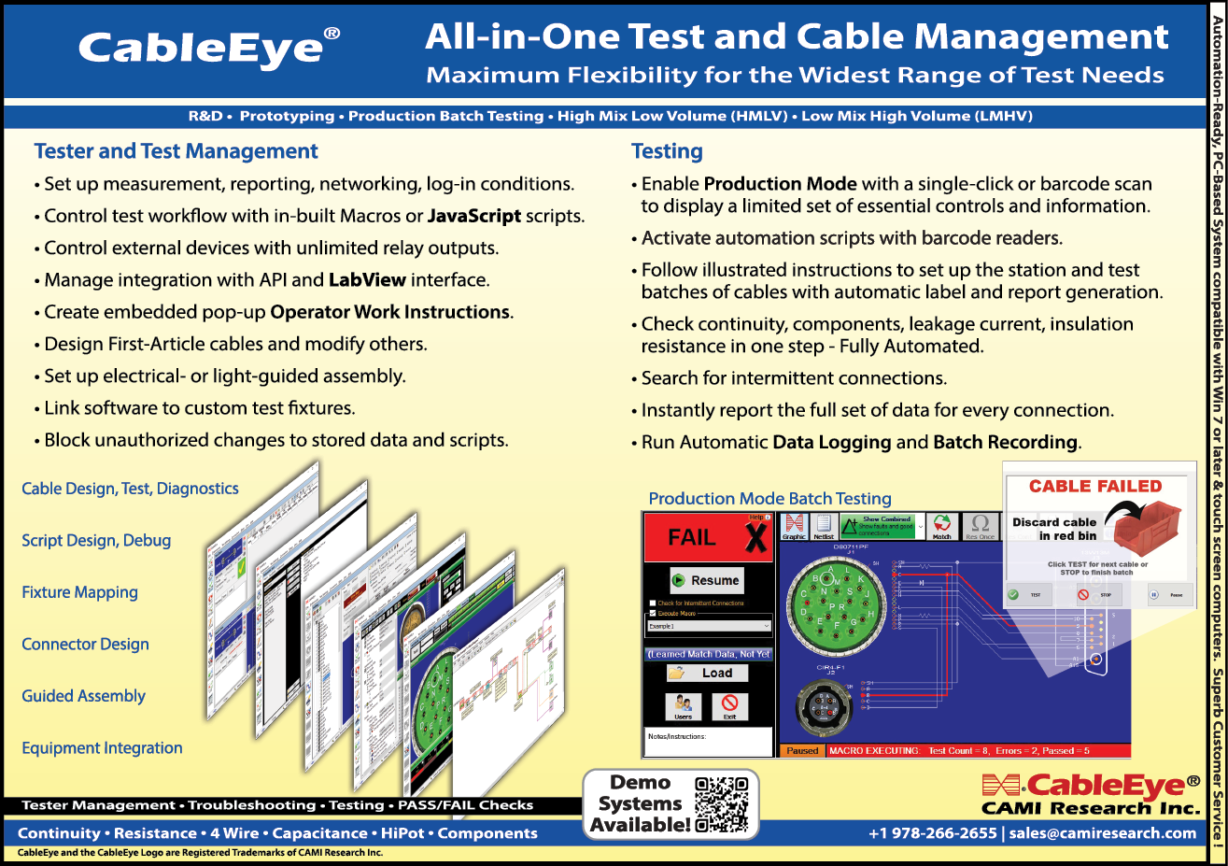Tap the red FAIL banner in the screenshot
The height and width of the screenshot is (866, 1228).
(x=721, y=537)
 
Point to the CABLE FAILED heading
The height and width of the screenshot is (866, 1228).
(x=1095, y=486)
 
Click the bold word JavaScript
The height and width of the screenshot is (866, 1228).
(x=473, y=216)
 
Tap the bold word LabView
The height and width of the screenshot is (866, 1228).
(x=367, y=279)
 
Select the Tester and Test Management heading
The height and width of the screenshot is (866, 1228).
(x=176, y=151)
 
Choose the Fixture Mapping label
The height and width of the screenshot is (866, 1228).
(x=79, y=592)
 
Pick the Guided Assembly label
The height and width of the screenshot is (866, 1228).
(x=83, y=696)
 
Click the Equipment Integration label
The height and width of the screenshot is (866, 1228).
(x=102, y=747)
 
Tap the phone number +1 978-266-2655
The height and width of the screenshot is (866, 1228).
(x=932, y=832)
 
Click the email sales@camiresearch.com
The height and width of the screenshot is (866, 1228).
(x=1103, y=832)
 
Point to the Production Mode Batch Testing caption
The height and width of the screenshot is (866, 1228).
(x=769, y=499)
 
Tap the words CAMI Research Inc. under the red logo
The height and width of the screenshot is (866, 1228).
(x=1090, y=808)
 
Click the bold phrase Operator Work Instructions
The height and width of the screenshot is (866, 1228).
(x=390, y=311)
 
